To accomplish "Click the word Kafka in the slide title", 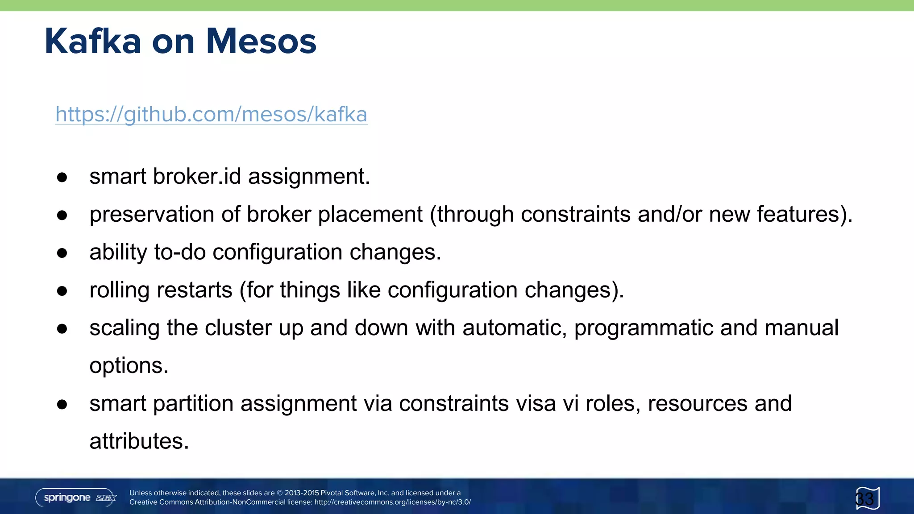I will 93,41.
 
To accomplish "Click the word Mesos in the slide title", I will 261,41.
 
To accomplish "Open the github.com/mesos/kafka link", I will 211,114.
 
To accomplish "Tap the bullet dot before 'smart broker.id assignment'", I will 62,177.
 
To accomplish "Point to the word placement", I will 370,215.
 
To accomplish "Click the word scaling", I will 125,328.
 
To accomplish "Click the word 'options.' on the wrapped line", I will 129,366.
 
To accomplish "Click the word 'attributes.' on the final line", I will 139,441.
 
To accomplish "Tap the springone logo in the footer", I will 76,497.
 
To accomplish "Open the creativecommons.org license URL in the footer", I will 392,502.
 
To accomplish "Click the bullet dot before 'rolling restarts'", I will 62,291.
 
